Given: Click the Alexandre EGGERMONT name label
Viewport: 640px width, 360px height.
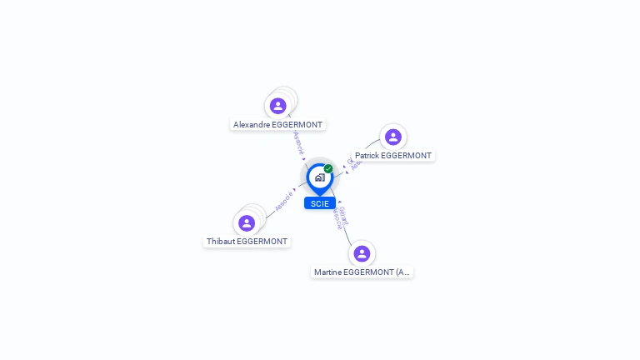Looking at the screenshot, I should coord(277,125).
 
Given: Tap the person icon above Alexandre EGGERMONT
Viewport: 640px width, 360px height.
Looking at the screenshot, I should coord(278,106).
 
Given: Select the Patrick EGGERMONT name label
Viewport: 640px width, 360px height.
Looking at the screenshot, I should coord(393,156).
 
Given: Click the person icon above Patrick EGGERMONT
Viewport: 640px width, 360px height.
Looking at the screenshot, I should coord(393,137).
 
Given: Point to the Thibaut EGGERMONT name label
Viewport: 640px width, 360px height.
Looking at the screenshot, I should coord(247,242).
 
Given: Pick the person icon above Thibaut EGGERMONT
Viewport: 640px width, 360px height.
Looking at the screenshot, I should coord(247,223).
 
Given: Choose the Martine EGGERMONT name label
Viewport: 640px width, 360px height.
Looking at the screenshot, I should coord(362,272).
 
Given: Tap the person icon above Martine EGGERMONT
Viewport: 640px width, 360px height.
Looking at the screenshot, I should coord(362,253).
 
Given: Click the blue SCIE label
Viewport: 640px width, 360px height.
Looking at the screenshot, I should coord(320,203).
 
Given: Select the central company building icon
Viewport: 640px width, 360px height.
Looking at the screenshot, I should coord(319,177).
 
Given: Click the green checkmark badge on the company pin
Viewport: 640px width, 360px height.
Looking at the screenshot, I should coord(328,169).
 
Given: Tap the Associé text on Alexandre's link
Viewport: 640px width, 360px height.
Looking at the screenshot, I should coord(298,142).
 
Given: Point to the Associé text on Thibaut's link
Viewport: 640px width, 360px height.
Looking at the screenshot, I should coord(283,201).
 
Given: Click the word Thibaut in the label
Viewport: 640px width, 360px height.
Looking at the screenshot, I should coord(221,242).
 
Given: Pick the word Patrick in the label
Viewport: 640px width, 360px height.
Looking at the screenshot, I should coord(367,156).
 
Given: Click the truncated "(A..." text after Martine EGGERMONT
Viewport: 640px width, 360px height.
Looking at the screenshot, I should coord(402,272).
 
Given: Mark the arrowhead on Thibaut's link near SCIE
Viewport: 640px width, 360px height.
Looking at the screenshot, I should coord(295,189).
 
